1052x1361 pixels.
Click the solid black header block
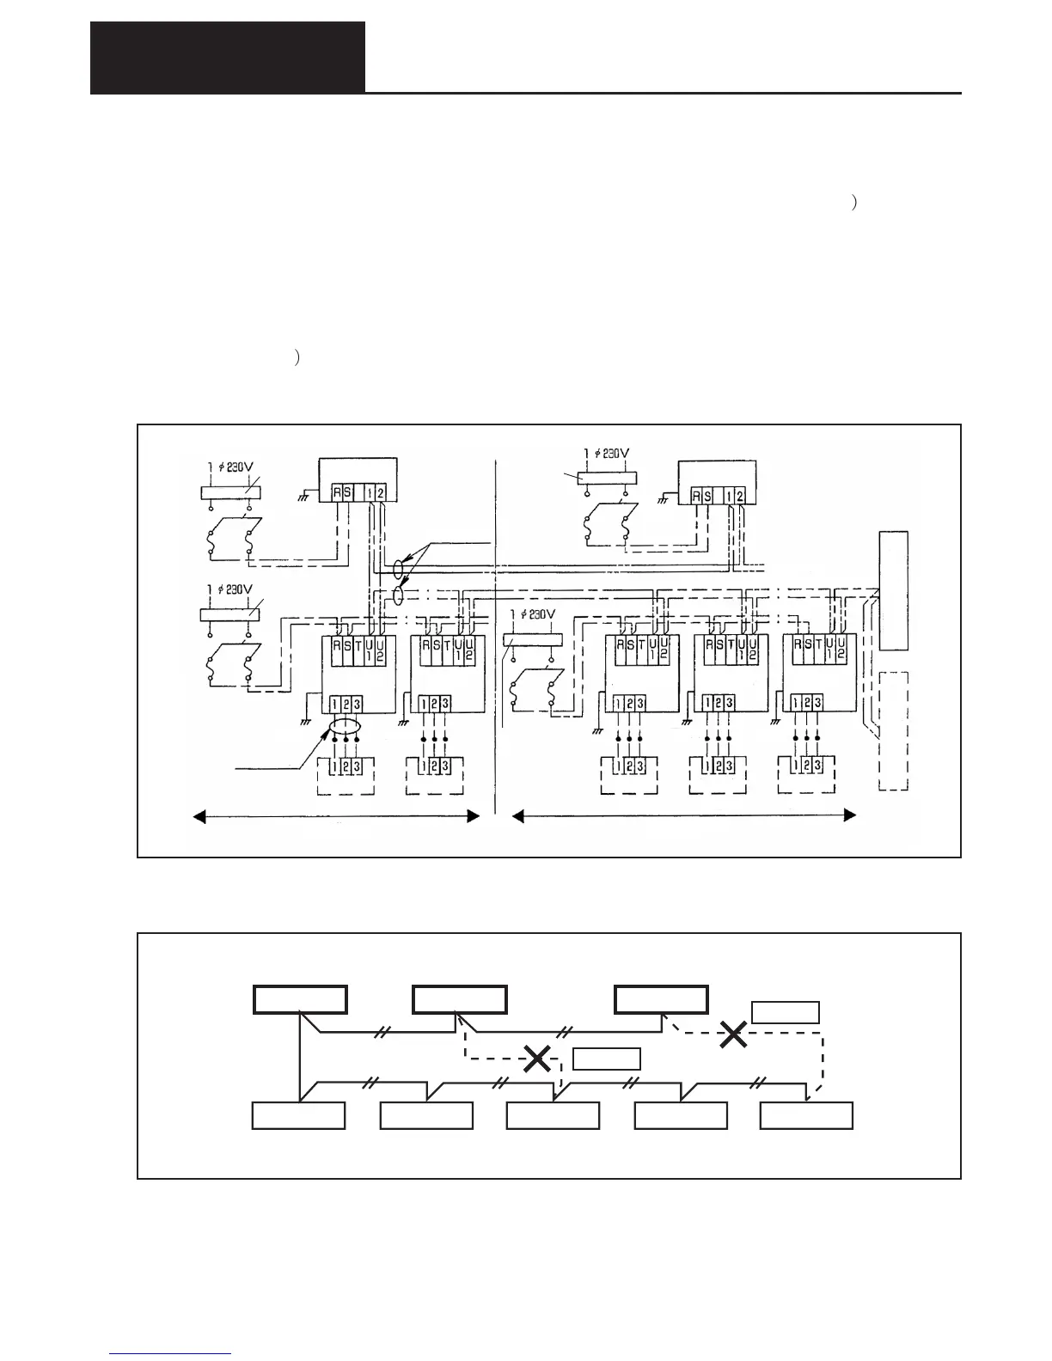(x=228, y=58)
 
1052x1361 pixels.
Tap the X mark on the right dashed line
(x=733, y=1034)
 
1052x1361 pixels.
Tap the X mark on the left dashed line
(x=537, y=1059)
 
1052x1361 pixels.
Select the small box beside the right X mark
(x=786, y=1012)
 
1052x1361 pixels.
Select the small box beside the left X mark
(x=607, y=1059)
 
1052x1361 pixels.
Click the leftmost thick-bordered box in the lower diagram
(x=300, y=1000)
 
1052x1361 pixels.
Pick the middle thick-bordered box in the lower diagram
(x=459, y=1000)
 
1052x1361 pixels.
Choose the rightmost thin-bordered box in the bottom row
(x=807, y=1116)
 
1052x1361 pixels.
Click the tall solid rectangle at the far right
(x=894, y=591)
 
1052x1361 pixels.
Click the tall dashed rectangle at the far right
(x=894, y=730)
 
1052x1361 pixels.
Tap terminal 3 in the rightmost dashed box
(x=817, y=765)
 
